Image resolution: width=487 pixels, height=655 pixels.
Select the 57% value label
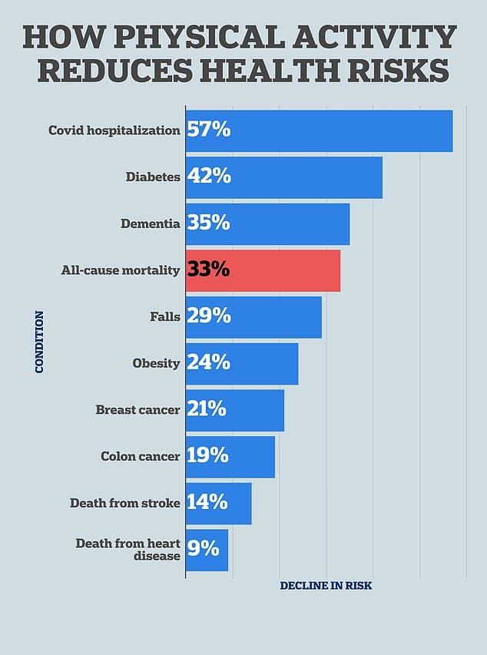[209, 130]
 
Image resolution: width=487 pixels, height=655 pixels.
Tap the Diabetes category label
[153, 177]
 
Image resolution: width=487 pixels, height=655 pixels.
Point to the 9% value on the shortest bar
[204, 549]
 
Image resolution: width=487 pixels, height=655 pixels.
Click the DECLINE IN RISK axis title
[326, 586]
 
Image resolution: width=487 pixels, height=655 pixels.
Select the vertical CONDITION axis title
[39, 342]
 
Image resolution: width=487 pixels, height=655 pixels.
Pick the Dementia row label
[150, 223]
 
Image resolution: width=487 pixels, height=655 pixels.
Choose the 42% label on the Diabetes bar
[209, 177]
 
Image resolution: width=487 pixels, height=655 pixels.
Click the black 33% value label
[208, 270]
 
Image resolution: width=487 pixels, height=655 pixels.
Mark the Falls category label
[165, 316]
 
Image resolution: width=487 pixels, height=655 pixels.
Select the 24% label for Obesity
[208, 362]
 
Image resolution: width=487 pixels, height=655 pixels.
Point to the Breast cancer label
[137, 409]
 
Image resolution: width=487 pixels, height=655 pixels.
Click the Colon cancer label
[140, 456]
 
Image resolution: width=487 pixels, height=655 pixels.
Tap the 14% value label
[207, 502]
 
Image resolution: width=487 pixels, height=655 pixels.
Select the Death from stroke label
[124, 503]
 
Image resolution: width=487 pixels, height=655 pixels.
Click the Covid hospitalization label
[114, 130]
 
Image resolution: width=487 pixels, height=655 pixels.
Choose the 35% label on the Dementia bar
[208, 223]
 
